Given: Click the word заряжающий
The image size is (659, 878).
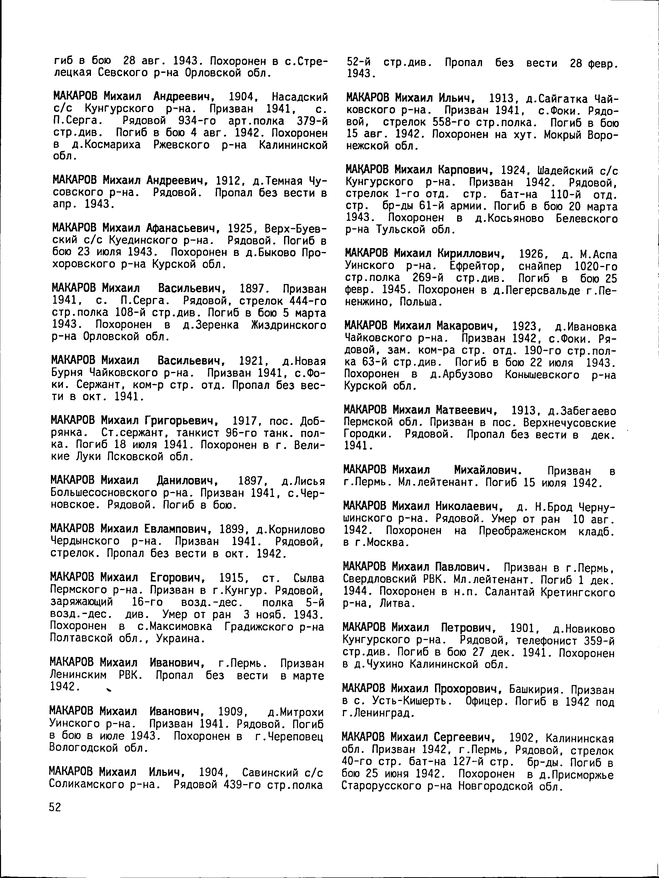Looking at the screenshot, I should (x=82, y=603).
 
